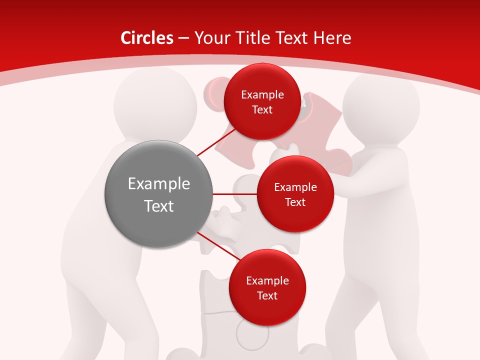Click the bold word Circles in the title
147,38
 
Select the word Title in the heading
254,38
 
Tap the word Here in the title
332,38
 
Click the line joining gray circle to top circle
216,142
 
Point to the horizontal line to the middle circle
235,194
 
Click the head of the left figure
155,102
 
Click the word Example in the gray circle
159,184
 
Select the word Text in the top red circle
262,109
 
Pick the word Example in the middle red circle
295,187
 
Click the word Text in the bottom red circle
267,295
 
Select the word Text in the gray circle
159,206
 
